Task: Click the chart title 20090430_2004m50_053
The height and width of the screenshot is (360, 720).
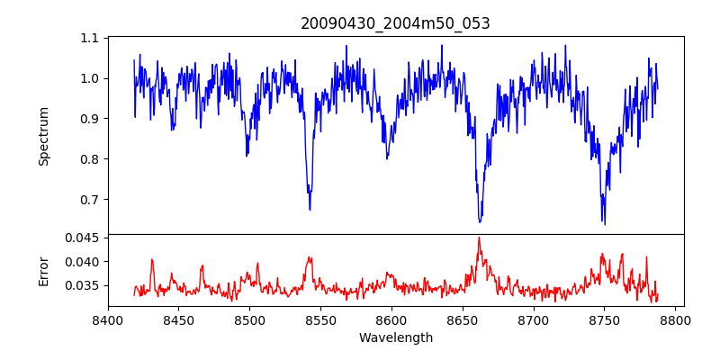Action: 395,23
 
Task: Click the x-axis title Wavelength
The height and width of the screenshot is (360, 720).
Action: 395,338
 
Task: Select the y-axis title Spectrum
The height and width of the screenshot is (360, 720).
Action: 43,136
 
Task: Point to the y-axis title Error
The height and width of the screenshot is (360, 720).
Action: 43,270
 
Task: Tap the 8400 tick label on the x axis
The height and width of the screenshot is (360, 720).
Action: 108,319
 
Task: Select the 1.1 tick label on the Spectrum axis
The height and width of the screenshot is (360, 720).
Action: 90,38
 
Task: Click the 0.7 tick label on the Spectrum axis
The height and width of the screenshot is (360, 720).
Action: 90,199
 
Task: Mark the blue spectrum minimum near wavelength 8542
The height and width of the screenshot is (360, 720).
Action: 310,210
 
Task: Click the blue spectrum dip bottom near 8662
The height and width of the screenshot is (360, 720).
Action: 480,221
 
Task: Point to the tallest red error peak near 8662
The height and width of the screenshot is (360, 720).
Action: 479,238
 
